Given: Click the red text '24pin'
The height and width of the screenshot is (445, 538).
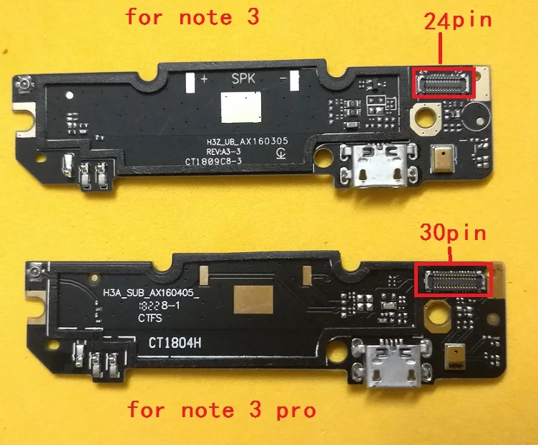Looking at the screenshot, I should click(459, 20).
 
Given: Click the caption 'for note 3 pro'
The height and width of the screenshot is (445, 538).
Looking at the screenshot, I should click(221, 411).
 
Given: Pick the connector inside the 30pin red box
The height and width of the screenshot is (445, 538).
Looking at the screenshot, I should click(455, 280).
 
